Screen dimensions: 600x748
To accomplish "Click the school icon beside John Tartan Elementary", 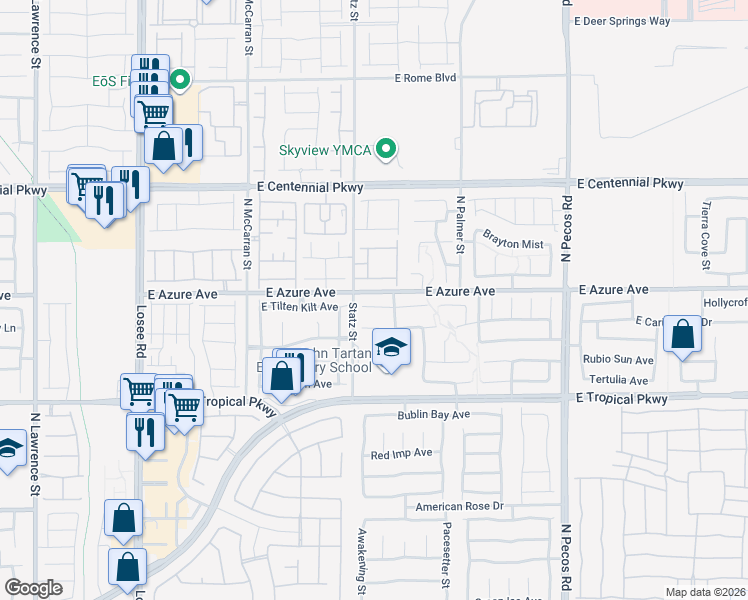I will tap(391, 348).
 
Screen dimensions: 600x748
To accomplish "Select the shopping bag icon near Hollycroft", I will tap(683, 335).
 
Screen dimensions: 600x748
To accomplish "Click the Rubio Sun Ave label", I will tap(620, 360).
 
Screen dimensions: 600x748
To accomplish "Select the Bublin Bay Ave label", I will tap(433, 414).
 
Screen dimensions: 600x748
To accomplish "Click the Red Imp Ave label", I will tap(401, 453).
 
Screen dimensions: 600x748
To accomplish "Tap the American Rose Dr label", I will tap(454, 507).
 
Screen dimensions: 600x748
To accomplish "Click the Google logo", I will tap(33, 588).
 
